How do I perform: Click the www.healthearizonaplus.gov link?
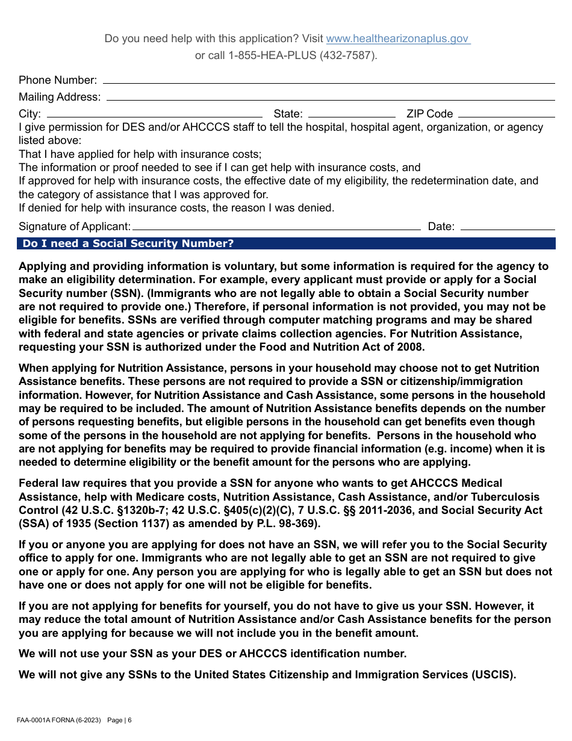coord(397,39)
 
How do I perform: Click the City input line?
coord(154,115)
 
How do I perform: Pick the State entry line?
coord(352,115)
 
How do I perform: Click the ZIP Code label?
coord(430,114)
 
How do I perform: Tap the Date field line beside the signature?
coord(507,228)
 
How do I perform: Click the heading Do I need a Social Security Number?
coord(128,244)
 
